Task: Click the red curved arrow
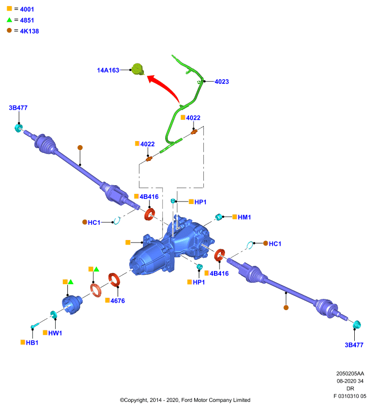click(x=165, y=86)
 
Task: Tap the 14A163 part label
click(x=108, y=70)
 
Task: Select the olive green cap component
click(x=137, y=69)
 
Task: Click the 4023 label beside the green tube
click(x=222, y=82)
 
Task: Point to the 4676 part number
click(x=118, y=300)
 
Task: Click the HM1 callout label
click(x=244, y=217)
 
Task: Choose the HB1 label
click(x=32, y=343)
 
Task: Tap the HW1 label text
click(x=55, y=333)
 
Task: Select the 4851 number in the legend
click(x=27, y=20)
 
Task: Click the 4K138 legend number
click(x=29, y=31)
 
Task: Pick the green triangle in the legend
click(x=10, y=20)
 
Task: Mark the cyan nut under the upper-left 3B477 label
click(x=18, y=128)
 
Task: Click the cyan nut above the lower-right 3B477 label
click(x=356, y=324)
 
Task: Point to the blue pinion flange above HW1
click(x=72, y=304)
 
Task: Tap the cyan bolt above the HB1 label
click(x=35, y=325)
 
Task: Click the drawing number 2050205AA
click(x=350, y=374)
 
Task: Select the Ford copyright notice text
click(x=185, y=400)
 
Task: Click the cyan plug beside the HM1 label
click(x=219, y=217)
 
